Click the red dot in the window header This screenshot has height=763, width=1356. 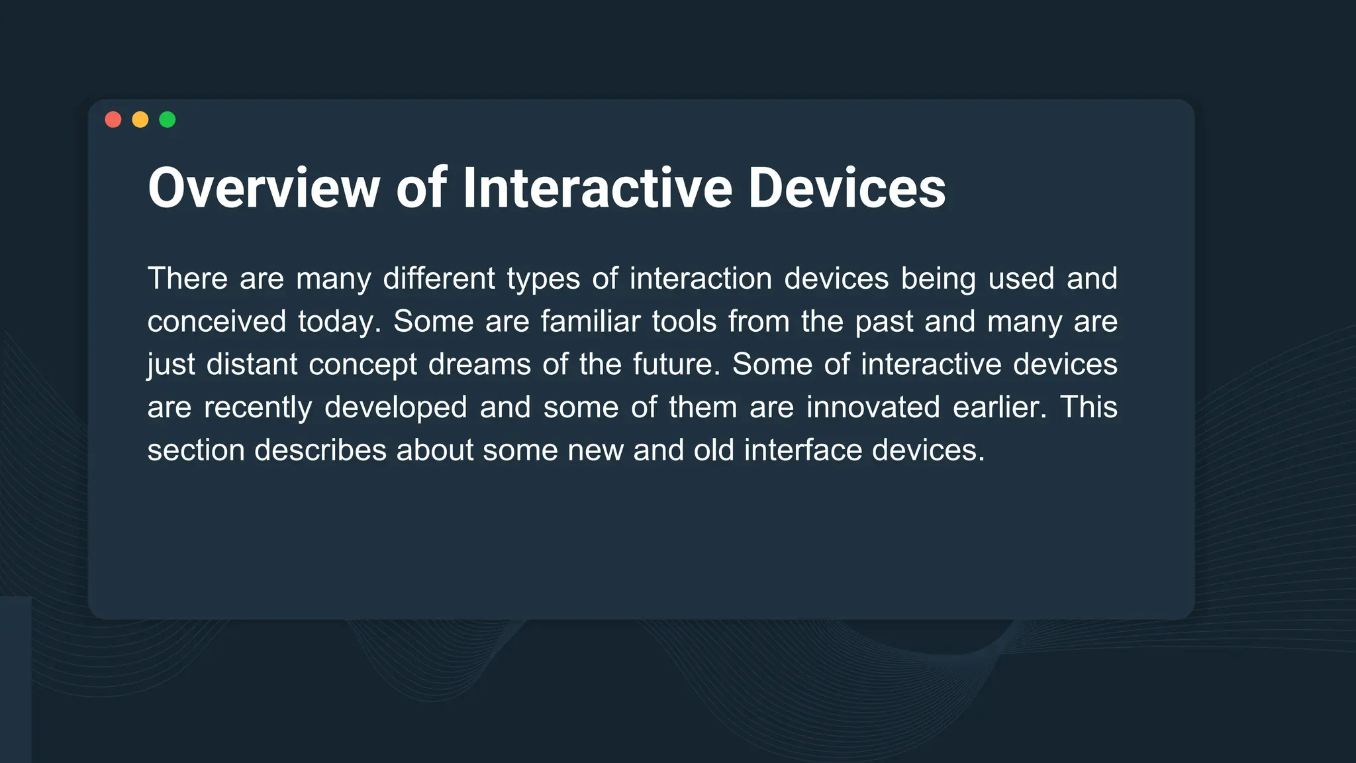click(x=113, y=119)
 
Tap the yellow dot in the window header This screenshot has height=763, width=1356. click(x=140, y=119)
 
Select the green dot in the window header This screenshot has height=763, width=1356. click(x=168, y=119)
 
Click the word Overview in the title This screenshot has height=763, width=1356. click(x=264, y=188)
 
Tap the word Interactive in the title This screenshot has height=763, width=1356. click(x=597, y=188)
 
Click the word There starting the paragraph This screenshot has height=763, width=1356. click(x=187, y=278)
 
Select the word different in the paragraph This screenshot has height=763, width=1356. click(x=439, y=278)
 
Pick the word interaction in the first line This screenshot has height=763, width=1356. click(x=701, y=278)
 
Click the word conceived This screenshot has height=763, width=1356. click(x=217, y=322)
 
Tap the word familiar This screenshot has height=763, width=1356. click(x=591, y=322)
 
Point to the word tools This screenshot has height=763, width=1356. click(x=684, y=322)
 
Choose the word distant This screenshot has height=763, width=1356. click(x=252, y=364)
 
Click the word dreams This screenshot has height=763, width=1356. click(x=479, y=364)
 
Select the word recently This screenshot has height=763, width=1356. click(x=258, y=407)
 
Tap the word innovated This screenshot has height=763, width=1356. click(x=873, y=407)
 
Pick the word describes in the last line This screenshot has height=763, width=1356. click(x=320, y=450)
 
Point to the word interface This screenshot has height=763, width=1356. click(x=802, y=450)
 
